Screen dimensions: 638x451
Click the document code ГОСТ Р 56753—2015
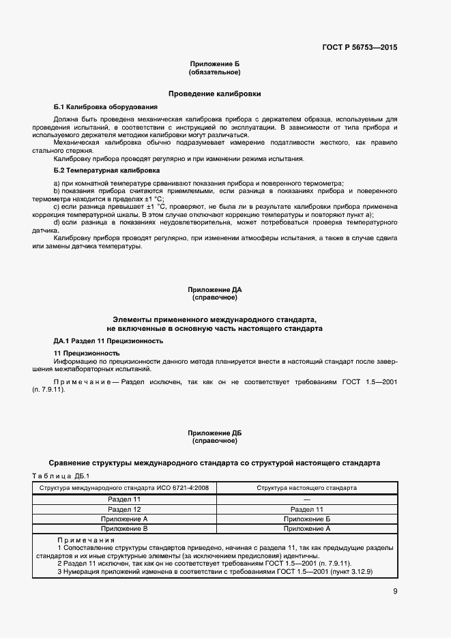pos(359,48)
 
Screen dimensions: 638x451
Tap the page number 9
pos(394,592)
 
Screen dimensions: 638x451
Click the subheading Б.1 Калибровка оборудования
pos(105,107)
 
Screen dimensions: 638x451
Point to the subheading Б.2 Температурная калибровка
pos(106,169)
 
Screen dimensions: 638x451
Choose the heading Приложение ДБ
pos(214,433)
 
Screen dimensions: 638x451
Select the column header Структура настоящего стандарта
pos(306,489)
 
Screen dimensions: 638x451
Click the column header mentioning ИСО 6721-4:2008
pos(124,489)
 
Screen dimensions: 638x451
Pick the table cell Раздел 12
pos(124,509)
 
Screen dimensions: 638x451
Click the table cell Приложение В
pos(124,528)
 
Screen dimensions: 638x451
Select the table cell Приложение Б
pos(306,519)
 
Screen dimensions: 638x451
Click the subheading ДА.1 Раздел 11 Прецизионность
pos(108,340)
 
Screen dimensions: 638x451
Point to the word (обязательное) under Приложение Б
pos(214,72)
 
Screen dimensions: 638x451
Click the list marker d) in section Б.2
pos(57,222)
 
